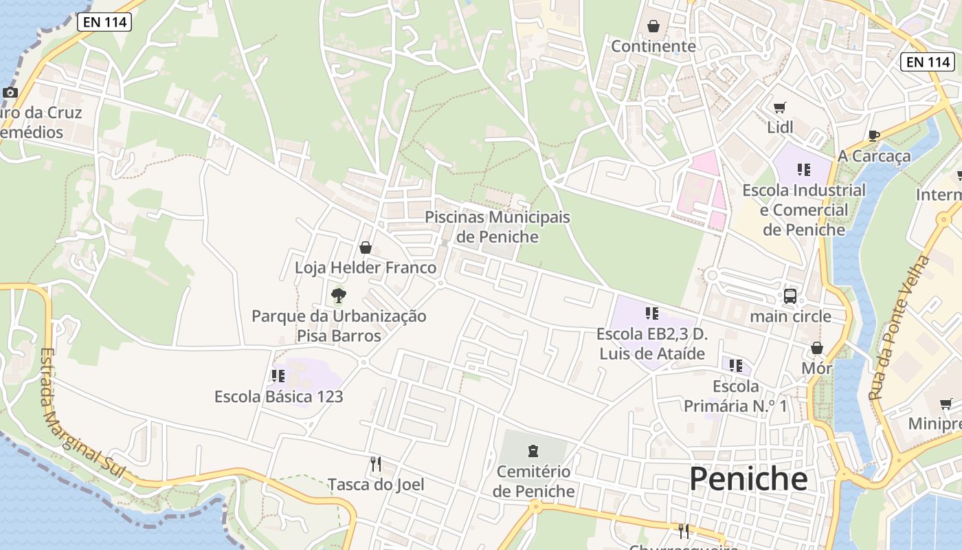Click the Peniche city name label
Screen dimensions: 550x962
tap(748, 478)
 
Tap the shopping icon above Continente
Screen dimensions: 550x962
tap(653, 26)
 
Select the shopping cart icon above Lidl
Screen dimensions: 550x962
tap(779, 107)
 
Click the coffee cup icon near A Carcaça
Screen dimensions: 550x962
tap(873, 135)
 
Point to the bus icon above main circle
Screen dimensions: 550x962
tap(790, 296)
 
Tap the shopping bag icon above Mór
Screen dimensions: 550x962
tap(816, 348)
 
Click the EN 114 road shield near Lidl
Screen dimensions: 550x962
tap(928, 62)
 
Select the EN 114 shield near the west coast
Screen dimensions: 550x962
tap(104, 22)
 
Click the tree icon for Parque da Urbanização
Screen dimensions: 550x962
tap(338, 296)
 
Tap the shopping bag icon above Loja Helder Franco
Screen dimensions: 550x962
tap(366, 247)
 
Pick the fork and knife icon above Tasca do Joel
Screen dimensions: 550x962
tap(375, 464)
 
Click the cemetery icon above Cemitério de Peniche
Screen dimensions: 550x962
tap(533, 452)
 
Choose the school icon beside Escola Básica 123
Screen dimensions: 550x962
tap(278, 376)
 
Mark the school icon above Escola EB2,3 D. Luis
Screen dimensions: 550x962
tap(651, 313)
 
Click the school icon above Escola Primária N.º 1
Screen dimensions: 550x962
tap(735, 365)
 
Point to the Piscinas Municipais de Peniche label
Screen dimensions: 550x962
tap(497, 227)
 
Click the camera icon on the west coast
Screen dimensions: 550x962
tap(10, 92)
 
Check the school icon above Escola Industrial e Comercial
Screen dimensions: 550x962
tap(803, 169)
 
